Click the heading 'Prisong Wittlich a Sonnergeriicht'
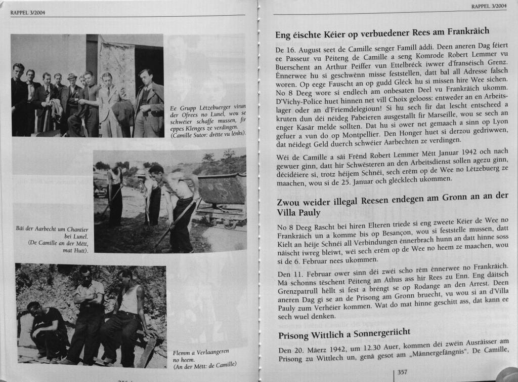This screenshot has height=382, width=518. click(x=344, y=335)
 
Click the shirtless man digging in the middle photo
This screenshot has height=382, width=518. click(x=177, y=203)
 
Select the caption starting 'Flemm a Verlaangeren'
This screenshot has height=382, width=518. click(x=201, y=354)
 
